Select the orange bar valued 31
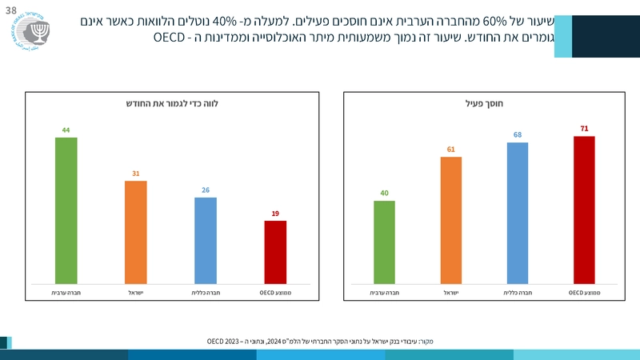click(136, 232)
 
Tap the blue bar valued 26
click(206, 240)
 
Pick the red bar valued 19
click(275, 252)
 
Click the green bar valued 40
click(384, 242)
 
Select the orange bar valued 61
click(451, 220)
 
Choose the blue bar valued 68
click(518, 213)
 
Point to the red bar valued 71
click(585, 210)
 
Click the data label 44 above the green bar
click(66, 130)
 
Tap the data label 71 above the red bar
click(585, 128)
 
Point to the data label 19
click(275, 214)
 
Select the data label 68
click(518, 135)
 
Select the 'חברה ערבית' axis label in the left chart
click(66, 294)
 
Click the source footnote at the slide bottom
click(320, 341)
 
